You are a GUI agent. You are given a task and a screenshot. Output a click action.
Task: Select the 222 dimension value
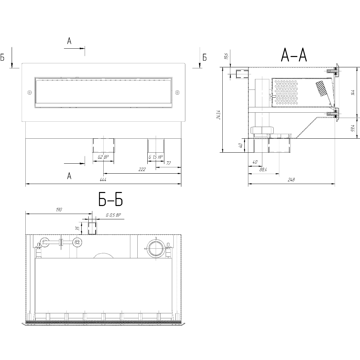coord(142,170)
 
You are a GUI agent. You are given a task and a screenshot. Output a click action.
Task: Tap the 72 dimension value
coord(168,163)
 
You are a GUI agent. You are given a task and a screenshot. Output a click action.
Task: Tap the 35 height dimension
coord(78,229)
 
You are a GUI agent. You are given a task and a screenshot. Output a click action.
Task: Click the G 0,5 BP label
coord(113,215)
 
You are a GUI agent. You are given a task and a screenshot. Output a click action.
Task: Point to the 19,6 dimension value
coord(227,56)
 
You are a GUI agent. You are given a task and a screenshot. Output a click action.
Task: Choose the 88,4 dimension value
coord(263,170)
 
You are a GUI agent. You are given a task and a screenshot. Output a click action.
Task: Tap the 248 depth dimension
coord(291,180)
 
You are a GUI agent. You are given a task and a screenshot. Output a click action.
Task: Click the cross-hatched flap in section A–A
coord(322,88)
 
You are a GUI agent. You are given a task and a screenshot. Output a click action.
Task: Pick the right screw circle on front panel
coord(177,92)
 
